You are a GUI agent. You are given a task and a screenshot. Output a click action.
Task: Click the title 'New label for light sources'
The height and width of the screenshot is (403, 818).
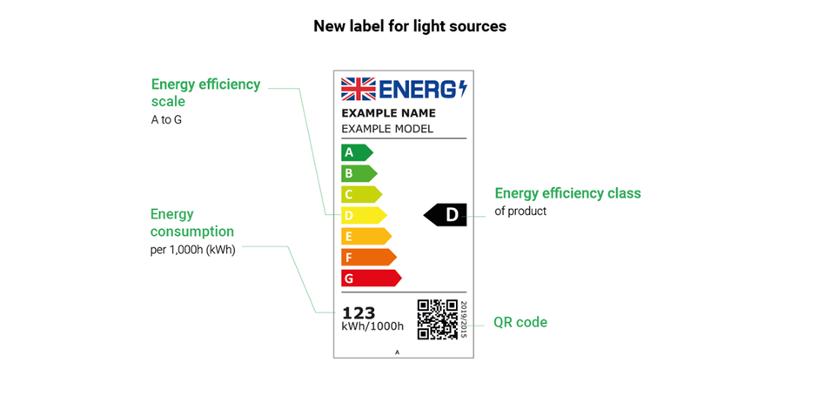(x=409, y=26)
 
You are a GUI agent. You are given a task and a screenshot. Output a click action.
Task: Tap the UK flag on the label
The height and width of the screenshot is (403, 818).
(x=358, y=89)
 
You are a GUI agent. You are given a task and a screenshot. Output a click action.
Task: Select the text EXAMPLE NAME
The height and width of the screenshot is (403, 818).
(x=388, y=113)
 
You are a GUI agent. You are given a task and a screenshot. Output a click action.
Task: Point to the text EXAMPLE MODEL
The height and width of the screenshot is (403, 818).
(x=386, y=129)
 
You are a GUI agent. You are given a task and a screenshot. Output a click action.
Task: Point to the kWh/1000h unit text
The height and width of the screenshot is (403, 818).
(x=372, y=326)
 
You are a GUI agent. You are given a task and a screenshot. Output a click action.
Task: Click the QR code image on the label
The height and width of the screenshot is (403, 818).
(x=437, y=319)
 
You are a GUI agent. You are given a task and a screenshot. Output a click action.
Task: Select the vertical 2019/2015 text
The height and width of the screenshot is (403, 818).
(x=464, y=319)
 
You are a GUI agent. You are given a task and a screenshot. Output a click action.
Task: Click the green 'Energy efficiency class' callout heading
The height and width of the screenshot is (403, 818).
(x=567, y=193)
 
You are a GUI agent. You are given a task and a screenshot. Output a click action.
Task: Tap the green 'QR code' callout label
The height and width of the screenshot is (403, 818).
(x=520, y=322)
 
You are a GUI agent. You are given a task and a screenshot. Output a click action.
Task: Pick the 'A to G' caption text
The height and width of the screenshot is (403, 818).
(x=166, y=119)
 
